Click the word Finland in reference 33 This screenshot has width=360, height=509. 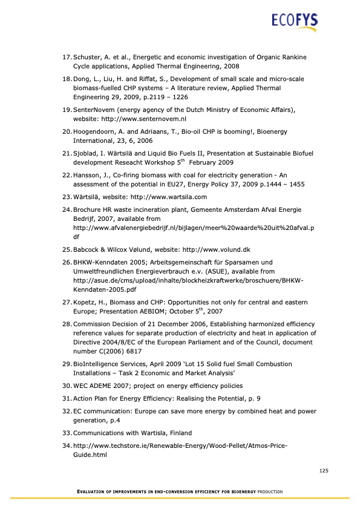pyautogui.click(x=175, y=433)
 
